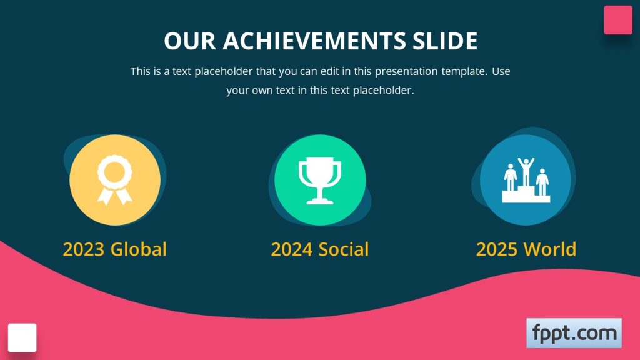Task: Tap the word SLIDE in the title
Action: [x=445, y=41]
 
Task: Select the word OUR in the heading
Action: [x=190, y=41]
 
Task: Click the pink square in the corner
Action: [x=618, y=20]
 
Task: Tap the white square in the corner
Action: [x=22, y=337]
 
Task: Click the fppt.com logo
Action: [x=574, y=333]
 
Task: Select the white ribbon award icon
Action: [x=115, y=180]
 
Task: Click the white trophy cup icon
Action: [x=320, y=181]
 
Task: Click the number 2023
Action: [x=84, y=249]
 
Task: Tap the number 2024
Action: [x=292, y=249]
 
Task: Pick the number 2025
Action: [x=498, y=249]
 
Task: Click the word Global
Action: [x=139, y=249]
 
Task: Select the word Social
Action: [x=344, y=249]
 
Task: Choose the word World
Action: [x=550, y=249]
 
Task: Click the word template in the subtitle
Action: [x=464, y=71]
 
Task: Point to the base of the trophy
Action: [x=320, y=201]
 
